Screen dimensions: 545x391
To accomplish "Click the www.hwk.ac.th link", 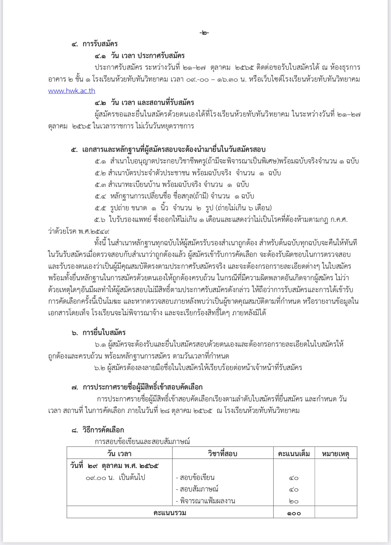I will [72, 91].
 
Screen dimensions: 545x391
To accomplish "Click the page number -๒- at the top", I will [204, 33].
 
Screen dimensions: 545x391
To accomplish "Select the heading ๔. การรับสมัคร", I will [95, 44].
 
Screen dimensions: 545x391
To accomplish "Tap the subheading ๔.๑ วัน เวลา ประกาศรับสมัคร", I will [139, 56].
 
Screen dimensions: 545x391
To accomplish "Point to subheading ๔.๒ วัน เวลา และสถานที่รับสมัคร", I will [144, 103].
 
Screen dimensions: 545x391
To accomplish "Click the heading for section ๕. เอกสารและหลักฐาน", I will [168, 149].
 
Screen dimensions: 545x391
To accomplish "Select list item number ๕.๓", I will [100, 185].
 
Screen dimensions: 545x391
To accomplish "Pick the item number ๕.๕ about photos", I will [100, 208].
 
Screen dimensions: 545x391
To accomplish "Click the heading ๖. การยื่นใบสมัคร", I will [99, 333].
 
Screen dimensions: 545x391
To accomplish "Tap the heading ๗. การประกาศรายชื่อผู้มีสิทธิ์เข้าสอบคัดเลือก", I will [137, 387].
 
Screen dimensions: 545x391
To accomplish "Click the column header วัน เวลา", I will [119, 454].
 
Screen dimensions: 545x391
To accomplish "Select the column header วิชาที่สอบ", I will [223, 454].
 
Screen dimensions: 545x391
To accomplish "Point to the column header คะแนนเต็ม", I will [294, 454].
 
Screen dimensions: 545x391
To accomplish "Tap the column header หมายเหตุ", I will [336, 454].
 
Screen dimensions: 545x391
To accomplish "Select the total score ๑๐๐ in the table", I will [294, 513].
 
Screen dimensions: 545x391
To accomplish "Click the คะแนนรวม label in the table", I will [170, 513].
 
